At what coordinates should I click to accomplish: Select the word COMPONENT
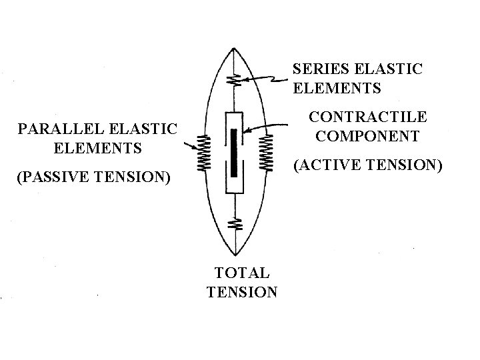click(367, 136)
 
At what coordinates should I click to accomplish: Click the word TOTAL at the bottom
click(241, 272)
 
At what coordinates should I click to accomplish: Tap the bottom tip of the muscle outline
click(234, 257)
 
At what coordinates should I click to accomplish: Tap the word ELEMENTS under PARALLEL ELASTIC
click(99, 147)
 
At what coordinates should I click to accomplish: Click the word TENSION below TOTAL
click(242, 291)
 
